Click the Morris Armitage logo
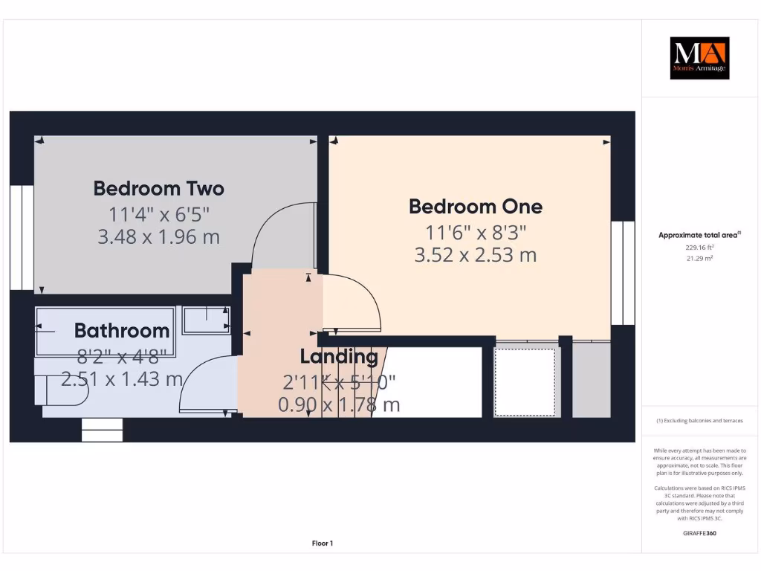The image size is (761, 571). [x=699, y=58]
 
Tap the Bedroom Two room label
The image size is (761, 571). [x=158, y=189]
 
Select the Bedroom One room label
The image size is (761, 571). [x=476, y=206]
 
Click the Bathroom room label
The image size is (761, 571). [x=122, y=331]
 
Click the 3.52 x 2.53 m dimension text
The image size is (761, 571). [x=476, y=255]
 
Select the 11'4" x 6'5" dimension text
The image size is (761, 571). [x=159, y=215]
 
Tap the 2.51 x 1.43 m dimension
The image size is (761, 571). [x=122, y=378]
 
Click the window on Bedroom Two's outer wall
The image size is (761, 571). [x=22, y=237]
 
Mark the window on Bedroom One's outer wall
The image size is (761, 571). [x=623, y=273]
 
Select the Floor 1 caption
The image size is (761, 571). [x=322, y=543]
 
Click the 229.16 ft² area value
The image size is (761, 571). [x=699, y=247]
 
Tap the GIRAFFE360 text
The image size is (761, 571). [x=699, y=533]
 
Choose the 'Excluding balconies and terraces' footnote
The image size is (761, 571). [x=699, y=421]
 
